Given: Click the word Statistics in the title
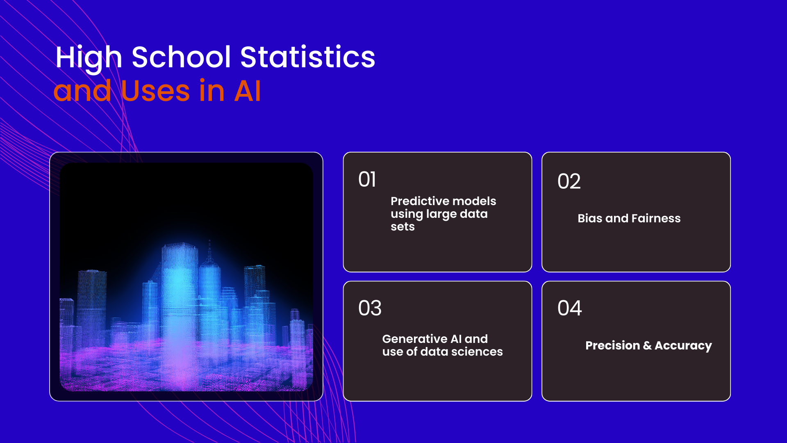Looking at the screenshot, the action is (x=307, y=57).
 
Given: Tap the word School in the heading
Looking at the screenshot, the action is (x=181, y=57).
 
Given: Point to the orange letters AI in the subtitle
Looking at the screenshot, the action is (x=247, y=91).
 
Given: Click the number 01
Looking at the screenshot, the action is (x=367, y=179).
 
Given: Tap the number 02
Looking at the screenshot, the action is (x=569, y=181).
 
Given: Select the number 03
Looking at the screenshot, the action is (x=370, y=308).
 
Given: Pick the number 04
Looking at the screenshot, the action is (x=569, y=308).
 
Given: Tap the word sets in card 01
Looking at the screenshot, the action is (x=403, y=227).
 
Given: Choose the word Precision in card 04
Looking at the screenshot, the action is (x=612, y=345).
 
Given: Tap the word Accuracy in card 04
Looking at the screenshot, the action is (x=683, y=346).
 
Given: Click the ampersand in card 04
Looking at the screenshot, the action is (x=647, y=346).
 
